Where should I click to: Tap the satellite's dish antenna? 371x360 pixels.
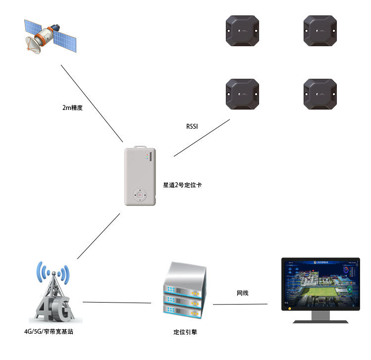click(34, 46)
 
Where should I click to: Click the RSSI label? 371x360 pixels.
click(192, 127)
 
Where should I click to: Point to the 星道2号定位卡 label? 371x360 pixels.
click(182, 185)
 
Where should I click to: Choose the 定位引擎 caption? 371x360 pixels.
click(182, 332)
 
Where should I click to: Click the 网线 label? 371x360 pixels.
click(242, 293)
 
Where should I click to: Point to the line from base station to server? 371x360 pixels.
click(116, 302)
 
